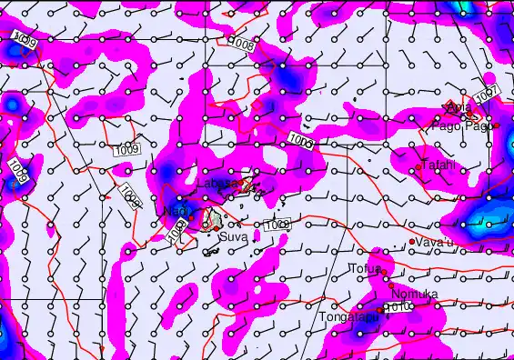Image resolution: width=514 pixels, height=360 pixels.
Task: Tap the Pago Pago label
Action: coord(469,125)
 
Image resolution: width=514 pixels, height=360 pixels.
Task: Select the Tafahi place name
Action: coord(438,165)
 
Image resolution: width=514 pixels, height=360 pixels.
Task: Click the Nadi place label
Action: coord(175,210)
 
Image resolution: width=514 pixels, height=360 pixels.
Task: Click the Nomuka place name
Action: coord(414,294)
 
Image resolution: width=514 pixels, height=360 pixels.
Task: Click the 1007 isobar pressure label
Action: coord(486,95)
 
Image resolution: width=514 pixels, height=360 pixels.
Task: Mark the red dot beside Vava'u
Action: coord(412,242)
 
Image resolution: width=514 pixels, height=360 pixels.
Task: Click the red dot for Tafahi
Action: coord(418,167)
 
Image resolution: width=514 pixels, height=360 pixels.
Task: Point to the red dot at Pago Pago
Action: coord(497,125)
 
